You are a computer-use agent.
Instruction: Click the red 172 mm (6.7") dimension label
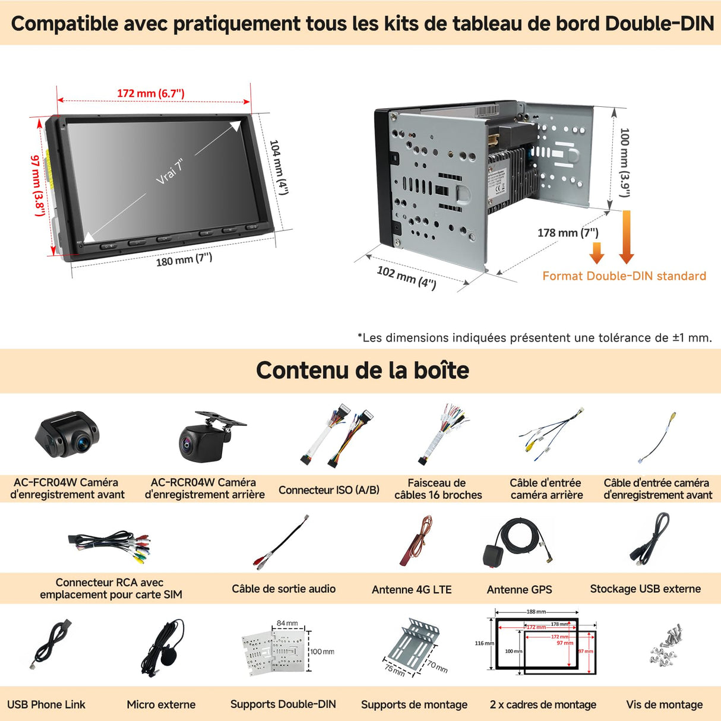(150, 93)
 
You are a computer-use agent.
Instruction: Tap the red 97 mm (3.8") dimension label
(37, 185)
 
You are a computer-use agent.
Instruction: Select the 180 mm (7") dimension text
(184, 260)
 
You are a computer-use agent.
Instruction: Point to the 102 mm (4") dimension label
(406, 277)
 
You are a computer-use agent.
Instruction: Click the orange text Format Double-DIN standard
(624, 276)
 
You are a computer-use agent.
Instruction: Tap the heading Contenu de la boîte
(362, 370)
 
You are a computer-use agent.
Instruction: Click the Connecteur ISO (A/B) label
(328, 490)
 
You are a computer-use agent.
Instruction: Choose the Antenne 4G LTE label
(412, 590)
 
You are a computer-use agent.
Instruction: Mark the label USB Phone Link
(46, 704)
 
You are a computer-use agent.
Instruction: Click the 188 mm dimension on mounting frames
(536, 612)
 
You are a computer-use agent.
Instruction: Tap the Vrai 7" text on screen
(170, 172)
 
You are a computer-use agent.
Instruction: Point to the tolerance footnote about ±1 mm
(535, 338)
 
